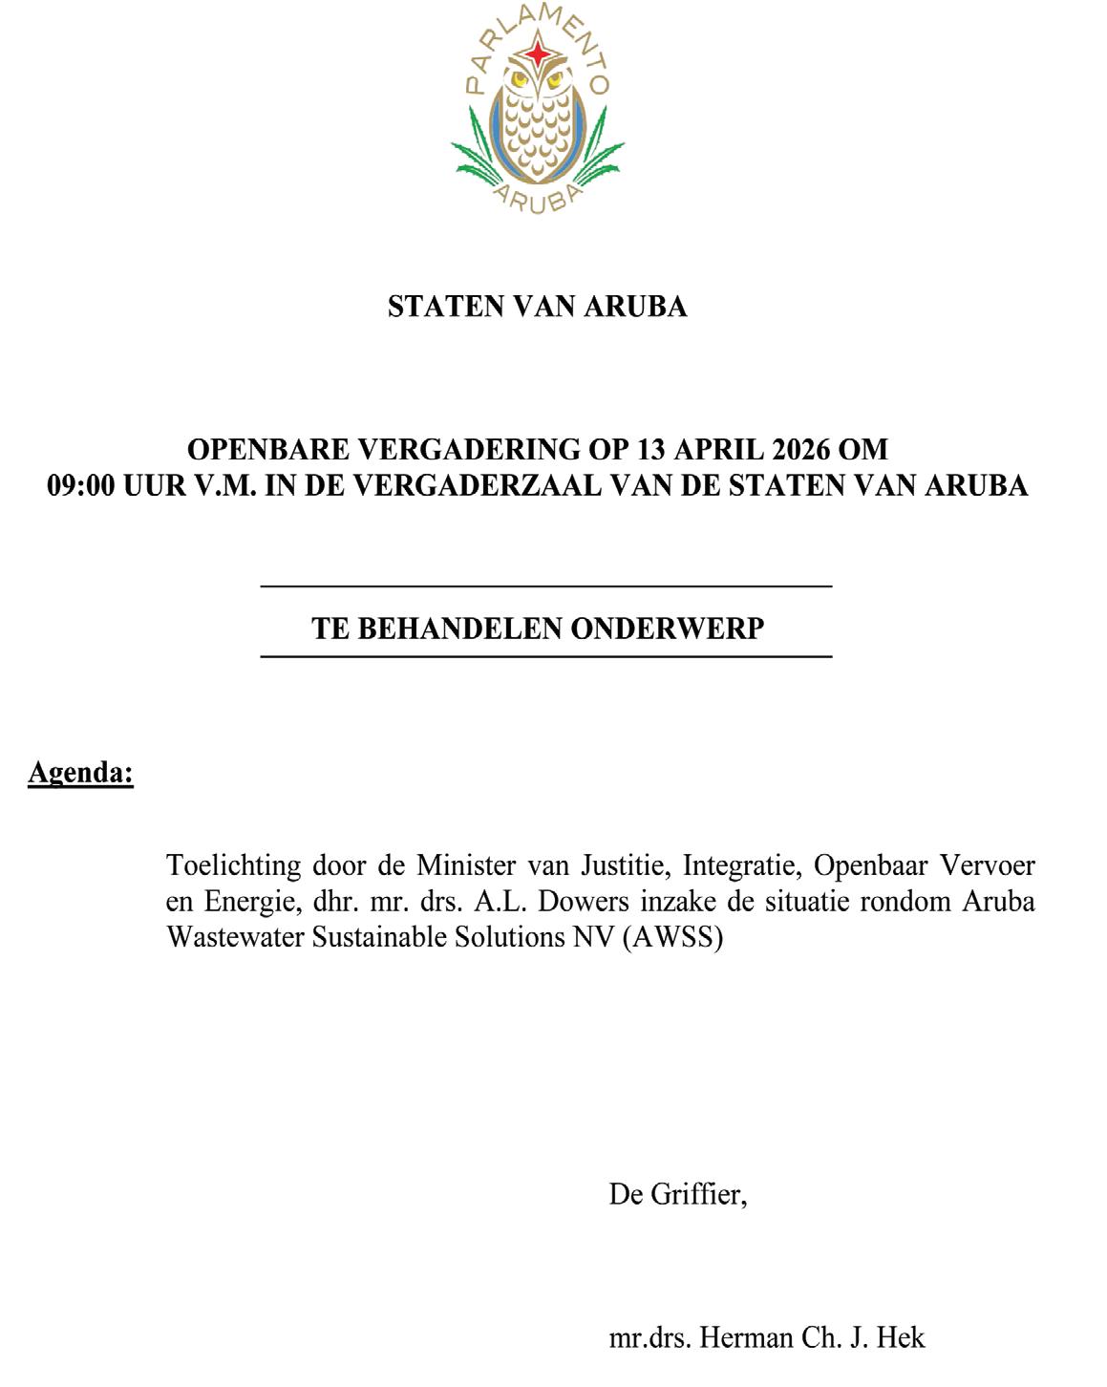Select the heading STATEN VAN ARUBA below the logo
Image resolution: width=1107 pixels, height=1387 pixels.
coord(537,307)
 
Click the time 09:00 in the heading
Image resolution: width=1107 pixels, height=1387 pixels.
coord(81,485)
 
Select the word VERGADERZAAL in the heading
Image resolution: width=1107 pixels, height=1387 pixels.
coord(478,485)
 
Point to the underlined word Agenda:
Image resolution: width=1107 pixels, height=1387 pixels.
coord(80,772)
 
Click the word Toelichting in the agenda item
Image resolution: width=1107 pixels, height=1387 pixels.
coord(233,865)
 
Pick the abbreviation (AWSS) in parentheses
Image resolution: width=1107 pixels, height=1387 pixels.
coord(672,937)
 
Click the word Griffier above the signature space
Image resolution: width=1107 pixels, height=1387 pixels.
coord(698,1194)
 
